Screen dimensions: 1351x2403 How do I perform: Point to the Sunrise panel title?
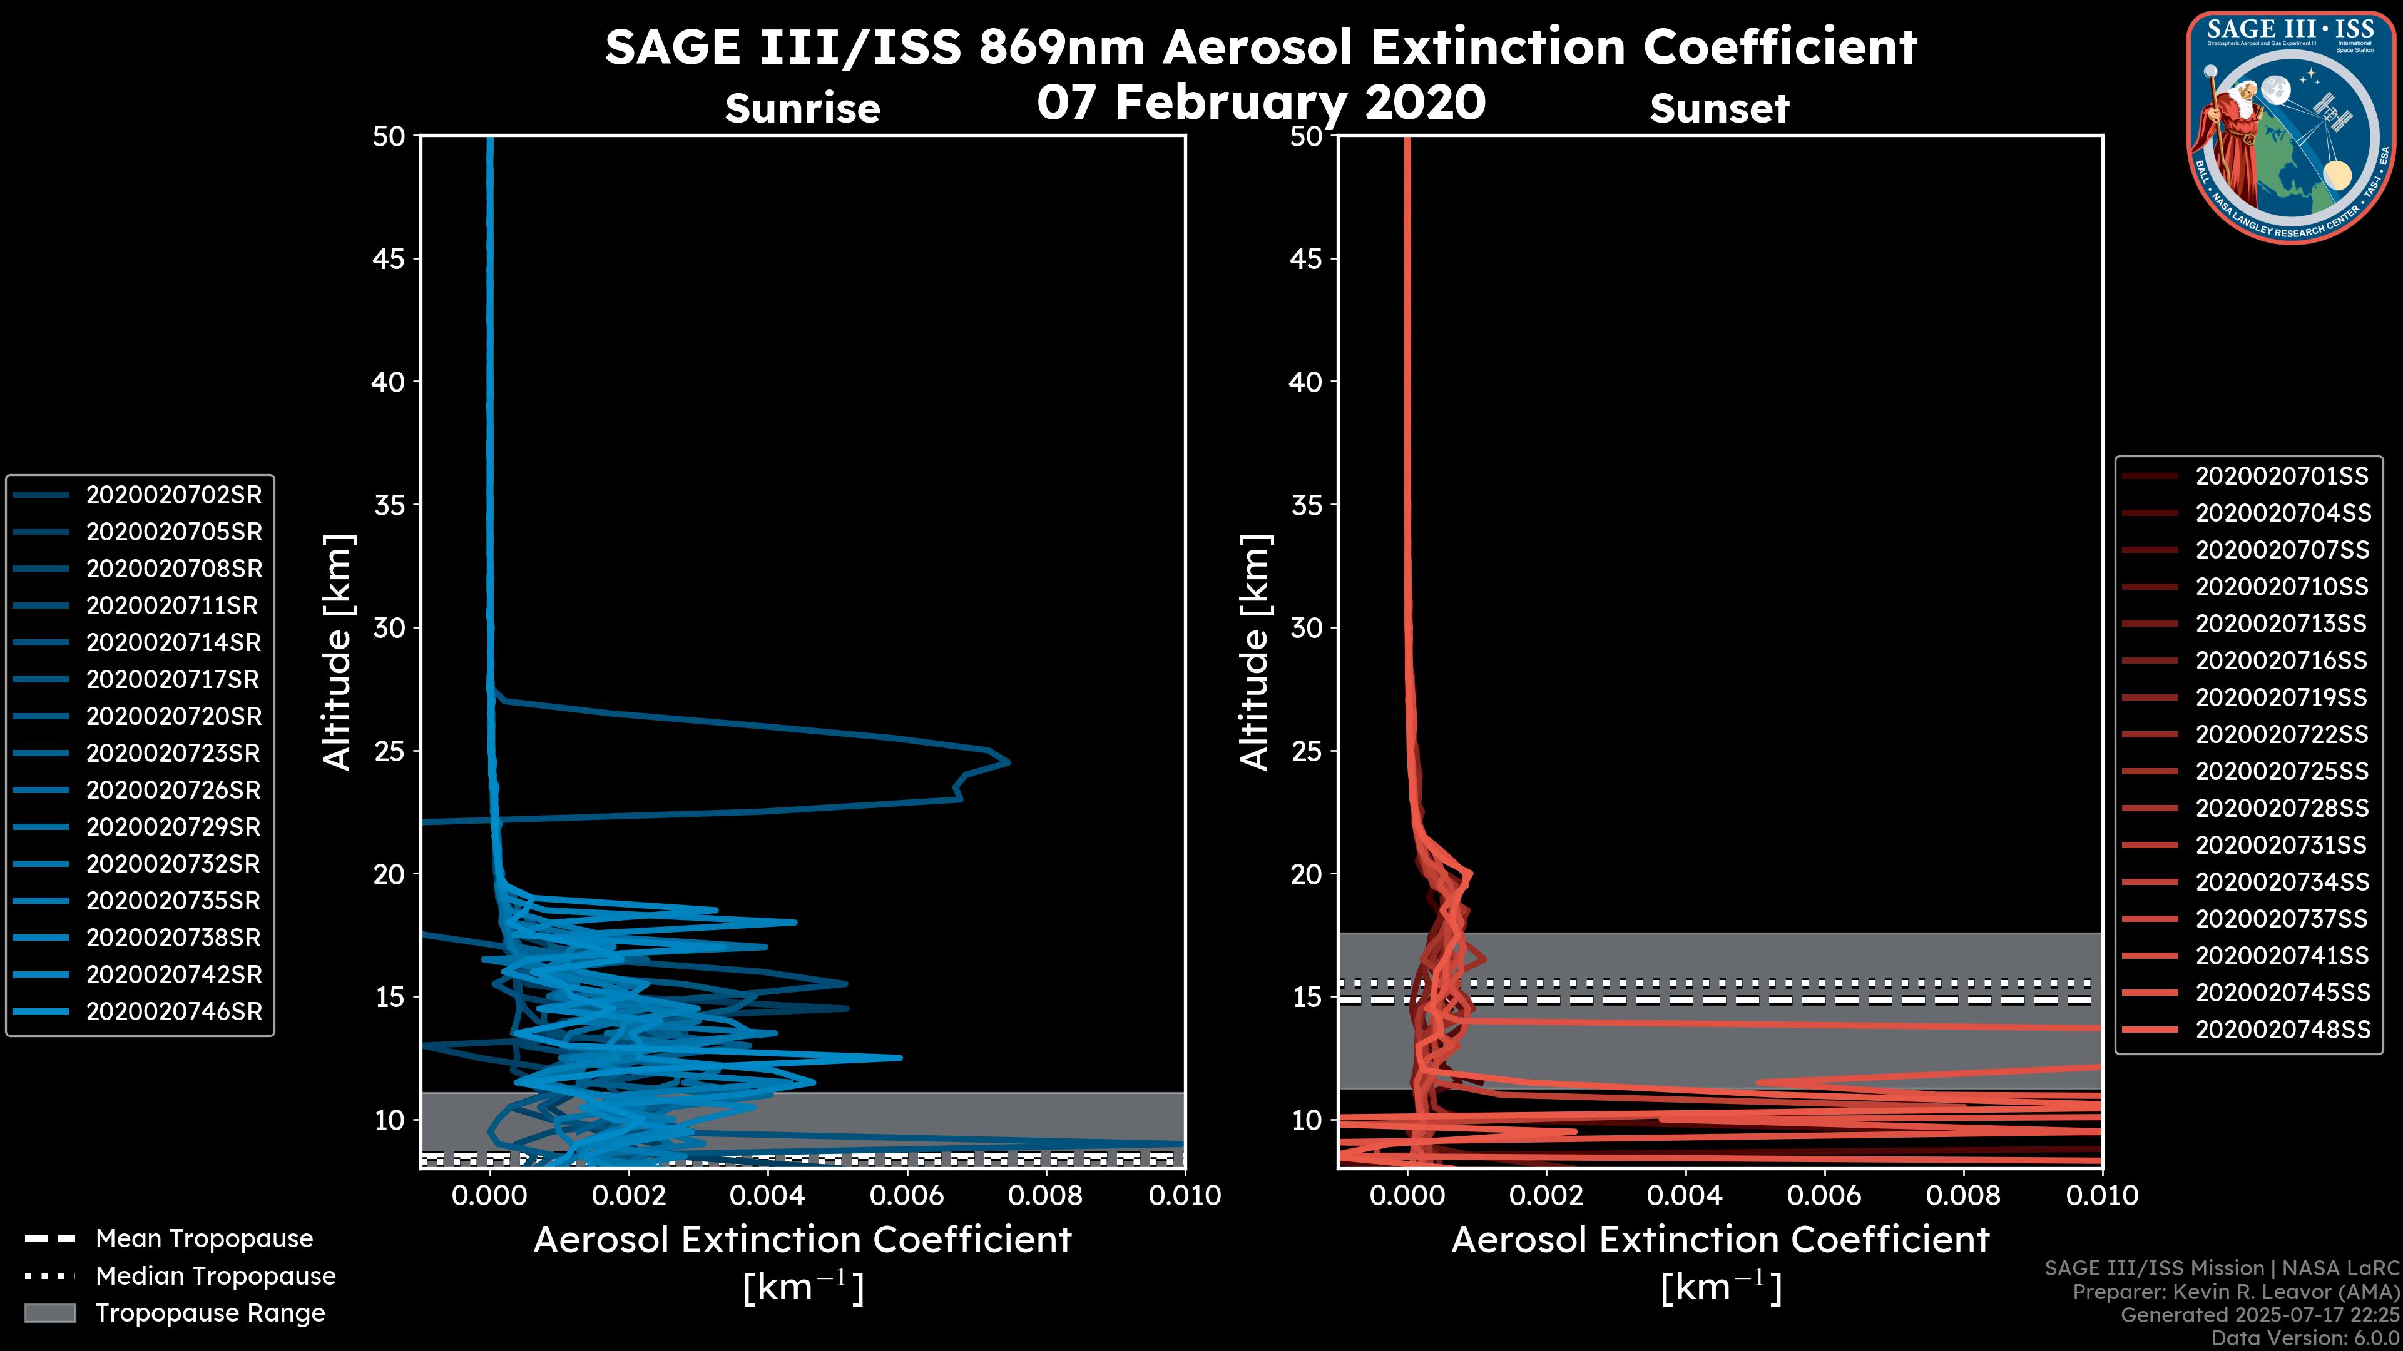[802, 109]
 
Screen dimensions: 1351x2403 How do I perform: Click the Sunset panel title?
[1719, 109]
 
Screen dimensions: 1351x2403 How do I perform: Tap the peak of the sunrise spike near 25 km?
[1008, 762]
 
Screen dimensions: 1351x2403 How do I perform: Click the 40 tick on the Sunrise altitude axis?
[389, 382]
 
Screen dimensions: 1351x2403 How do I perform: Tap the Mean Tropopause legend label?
[204, 1239]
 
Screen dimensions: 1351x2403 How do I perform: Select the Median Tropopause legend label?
[215, 1277]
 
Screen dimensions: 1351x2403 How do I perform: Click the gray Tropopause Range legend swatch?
[49, 1313]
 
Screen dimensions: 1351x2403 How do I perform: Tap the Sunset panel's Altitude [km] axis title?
[1255, 652]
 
